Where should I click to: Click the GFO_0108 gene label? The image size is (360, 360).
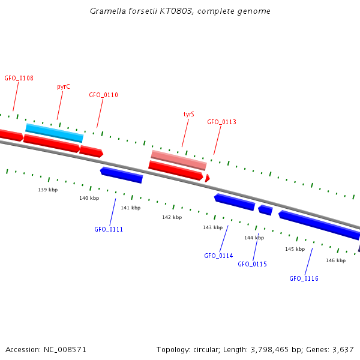(x=19, y=79)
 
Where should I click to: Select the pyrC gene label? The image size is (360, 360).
(x=64, y=87)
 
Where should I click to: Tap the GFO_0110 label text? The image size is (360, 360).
(x=103, y=95)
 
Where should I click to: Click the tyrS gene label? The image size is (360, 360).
(x=188, y=114)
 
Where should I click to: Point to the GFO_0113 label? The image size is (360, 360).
(x=221, y=122)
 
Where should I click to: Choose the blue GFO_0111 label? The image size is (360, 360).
(x=109, y=230)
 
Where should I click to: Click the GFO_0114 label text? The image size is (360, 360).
(x=218, y=256)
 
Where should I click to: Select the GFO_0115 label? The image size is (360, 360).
(x=252, y=265)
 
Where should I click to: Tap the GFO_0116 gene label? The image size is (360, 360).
(x=304, y=279)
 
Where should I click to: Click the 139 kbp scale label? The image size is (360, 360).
(x=48, y=190)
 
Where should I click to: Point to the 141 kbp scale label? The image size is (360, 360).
(x=130, y=208)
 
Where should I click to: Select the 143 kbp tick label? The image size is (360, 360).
(x=212, y=228)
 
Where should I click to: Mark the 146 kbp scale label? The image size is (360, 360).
(x=335, y=261)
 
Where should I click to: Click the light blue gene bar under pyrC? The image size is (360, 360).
(x=54, y=132)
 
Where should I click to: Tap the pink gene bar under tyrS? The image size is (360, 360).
(x=178, y=160)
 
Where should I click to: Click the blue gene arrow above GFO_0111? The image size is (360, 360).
(x=121, y=175)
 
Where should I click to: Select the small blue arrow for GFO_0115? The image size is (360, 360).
(x=265, y=209)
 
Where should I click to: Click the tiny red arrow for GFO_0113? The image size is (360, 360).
(x=207, y=178)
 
